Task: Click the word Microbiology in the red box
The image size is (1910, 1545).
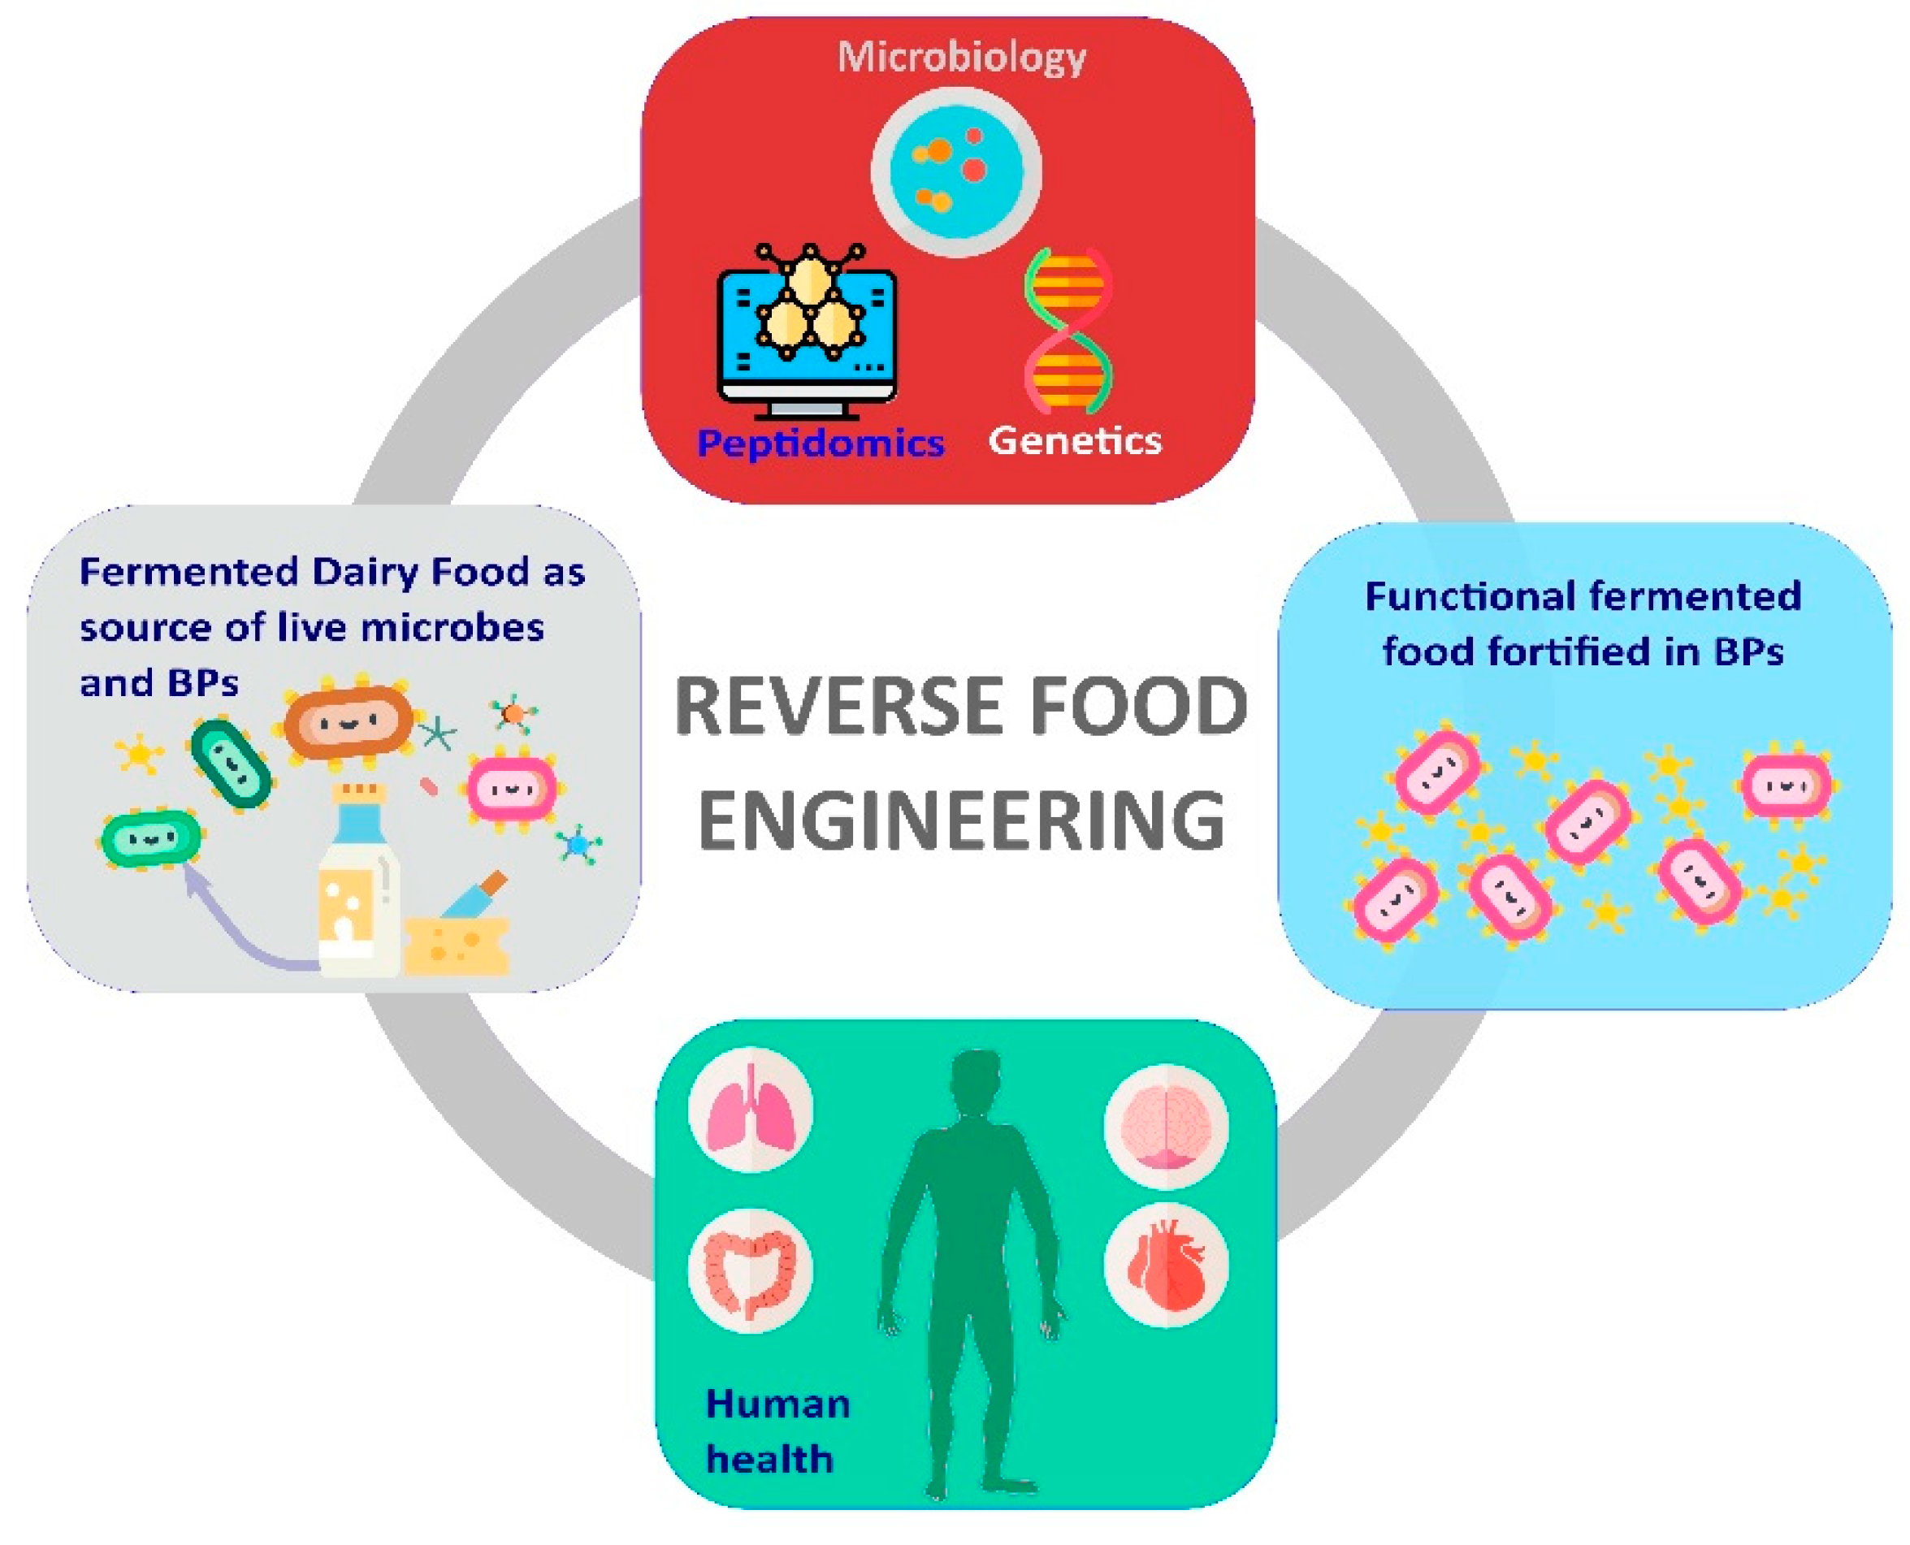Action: pos(961,58)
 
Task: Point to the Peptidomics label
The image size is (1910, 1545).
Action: pos(820,443)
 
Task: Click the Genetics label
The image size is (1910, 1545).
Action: pos(1074,440)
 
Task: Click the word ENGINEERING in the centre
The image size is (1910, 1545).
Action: pos(961,819)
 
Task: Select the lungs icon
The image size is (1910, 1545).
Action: pos(751,1110)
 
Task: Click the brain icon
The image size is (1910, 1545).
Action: pos(1165,1127)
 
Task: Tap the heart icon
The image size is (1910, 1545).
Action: pos(1165,1265)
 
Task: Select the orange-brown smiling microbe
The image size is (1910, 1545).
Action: pos(348,722)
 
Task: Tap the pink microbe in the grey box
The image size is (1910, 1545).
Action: pos(512,789)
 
